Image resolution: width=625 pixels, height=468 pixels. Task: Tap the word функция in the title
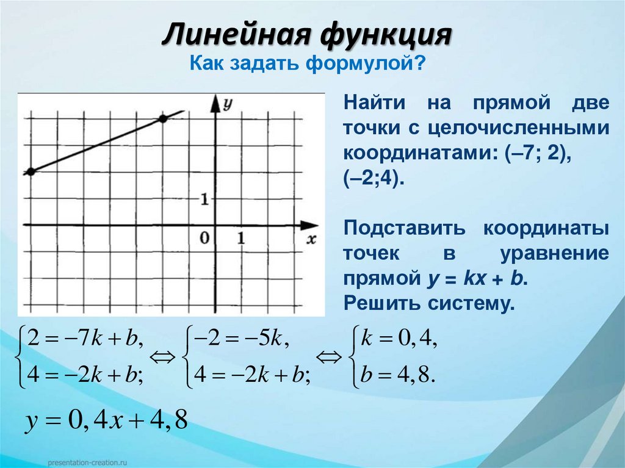(385, 35)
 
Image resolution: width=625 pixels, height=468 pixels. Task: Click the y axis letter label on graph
(228, 104)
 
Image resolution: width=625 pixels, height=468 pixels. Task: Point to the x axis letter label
(312, 239)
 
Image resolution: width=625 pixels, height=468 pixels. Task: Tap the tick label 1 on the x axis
(242, 239)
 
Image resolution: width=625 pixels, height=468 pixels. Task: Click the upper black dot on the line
(163, 119)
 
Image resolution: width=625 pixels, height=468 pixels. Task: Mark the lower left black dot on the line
(31, 171)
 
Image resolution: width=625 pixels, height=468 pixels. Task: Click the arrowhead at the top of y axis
(215, 101)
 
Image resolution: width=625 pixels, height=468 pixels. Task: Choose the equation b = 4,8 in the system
(398, 374)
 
